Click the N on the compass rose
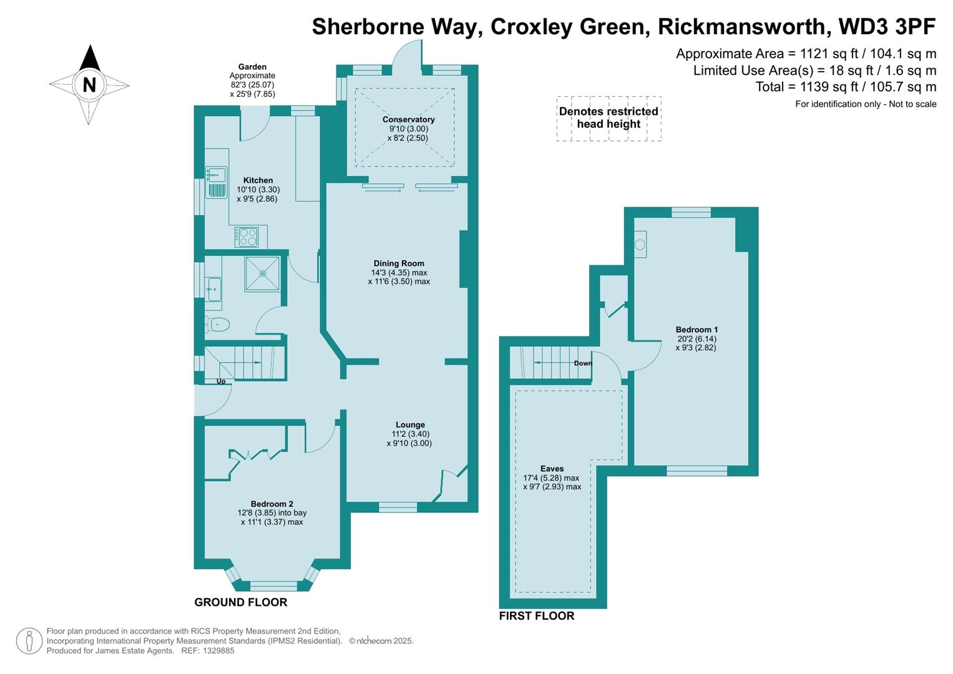click(x=89, y=84)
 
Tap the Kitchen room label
click(x=258, y=180)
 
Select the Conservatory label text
click(x=408, y=119)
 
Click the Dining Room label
click(x=399, y=263)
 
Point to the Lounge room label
click(x=410, y=425)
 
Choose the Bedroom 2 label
click(x=271, y=504)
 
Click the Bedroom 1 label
click(x=696, y=330)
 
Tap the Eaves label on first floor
click(x=552, y=469)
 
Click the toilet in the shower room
click(x=217, y=324)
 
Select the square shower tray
click(x=262, y=273)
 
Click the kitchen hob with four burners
click(x=247, y=237)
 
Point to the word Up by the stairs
click(x=221, y=381)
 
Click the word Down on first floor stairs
click(x=583, y=363)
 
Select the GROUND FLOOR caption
click(x=240, y=602)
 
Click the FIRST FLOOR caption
click(x=536, y=616)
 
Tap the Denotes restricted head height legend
click(x=608, y=118)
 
